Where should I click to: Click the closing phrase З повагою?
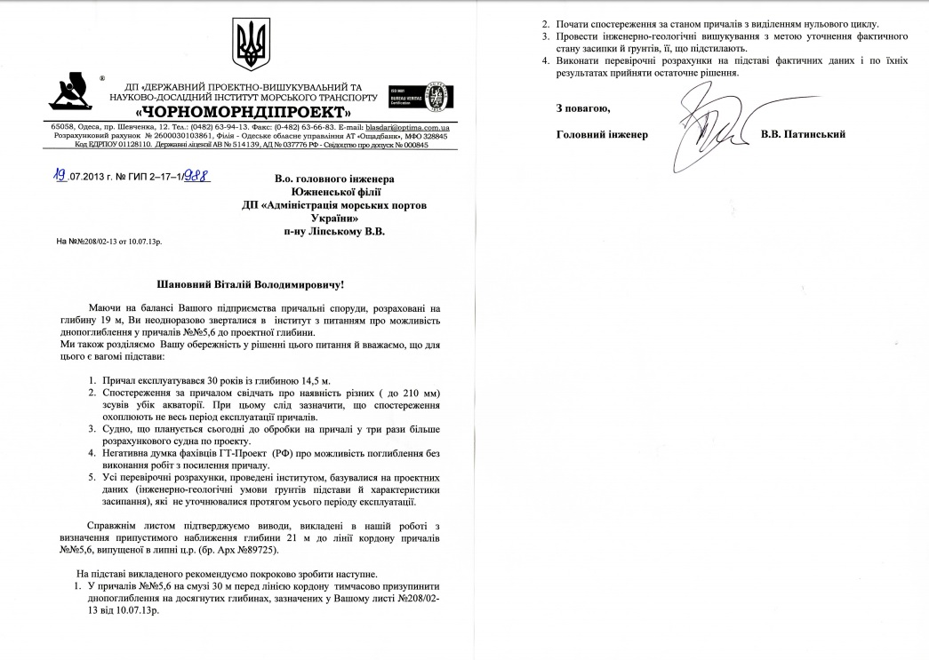click(582, 108)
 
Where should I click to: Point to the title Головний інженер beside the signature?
click(602, 134)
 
